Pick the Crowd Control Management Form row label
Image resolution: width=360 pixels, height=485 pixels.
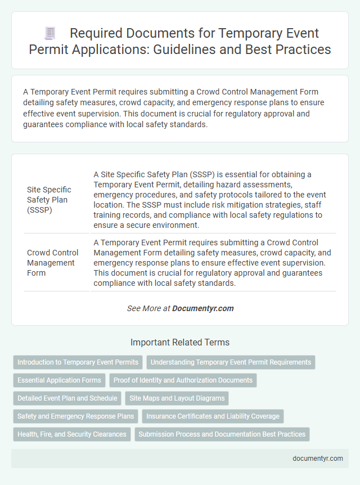coord(51,263)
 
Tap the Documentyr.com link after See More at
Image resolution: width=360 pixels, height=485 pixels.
coord(202,308)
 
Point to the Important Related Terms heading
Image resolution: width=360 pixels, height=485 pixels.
coord(180,342)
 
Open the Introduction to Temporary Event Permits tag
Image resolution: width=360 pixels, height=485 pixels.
coord(78,362)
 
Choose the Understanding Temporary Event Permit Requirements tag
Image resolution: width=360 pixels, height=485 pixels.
coord(231,362)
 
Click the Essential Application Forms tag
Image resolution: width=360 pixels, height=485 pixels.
coord(59,380)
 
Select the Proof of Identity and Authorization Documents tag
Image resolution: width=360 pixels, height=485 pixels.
coord(183,380)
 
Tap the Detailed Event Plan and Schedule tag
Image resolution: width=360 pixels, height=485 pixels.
coord(67,398)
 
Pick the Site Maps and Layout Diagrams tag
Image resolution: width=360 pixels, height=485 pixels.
coord(177,398)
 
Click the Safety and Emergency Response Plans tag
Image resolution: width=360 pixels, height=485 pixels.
coord(75,416)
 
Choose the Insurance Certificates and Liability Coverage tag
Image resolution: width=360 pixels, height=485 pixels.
coord(213,416)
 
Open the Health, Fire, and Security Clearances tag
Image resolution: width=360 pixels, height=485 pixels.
coord(72,434)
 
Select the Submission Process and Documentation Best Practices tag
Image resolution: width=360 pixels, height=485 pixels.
coord(222,434)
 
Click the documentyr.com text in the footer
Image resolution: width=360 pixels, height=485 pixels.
coord(318,458)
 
